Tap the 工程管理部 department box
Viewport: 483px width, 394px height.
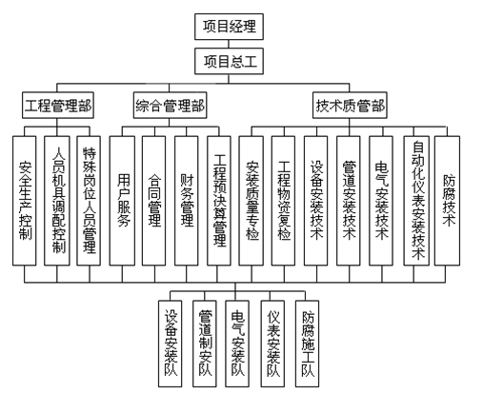click(58, 105)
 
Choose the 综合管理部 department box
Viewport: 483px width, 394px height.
click(171, 105)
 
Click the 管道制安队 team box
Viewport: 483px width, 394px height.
click(206, 344)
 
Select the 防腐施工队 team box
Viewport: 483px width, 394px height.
click(308, 344)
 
